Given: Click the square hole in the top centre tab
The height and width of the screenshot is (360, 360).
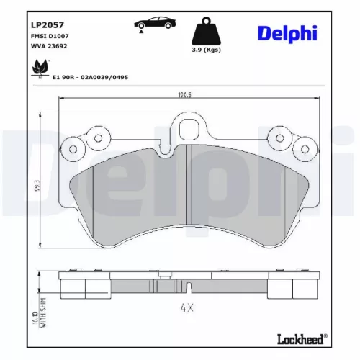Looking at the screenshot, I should tap(190, 130).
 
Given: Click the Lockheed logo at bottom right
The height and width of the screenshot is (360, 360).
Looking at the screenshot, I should tap(300, 338).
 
